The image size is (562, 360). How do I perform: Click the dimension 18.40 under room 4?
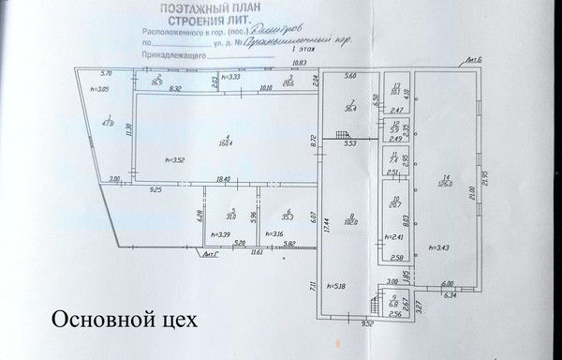[223, 179]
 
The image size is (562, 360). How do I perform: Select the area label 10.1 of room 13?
[396, 92]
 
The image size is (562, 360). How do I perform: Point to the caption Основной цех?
[124, 321]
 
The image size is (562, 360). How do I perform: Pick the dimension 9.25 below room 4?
[155, 190]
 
